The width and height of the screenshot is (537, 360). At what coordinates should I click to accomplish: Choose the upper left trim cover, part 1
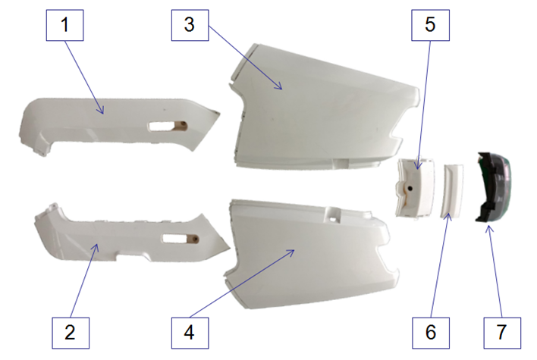click(x=99, y=121)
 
